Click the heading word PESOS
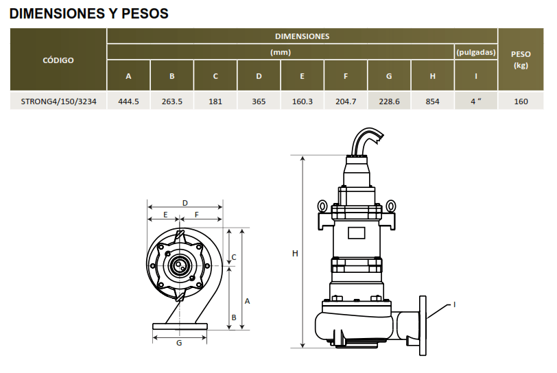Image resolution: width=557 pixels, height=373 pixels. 145,14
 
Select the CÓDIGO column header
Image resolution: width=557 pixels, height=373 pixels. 58,60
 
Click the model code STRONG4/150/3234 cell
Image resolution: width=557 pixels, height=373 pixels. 58,101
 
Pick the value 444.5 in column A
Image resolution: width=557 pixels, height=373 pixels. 128,101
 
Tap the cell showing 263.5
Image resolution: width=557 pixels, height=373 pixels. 172,101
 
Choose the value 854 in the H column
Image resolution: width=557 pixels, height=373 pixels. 432,101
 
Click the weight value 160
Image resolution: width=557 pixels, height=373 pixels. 521,101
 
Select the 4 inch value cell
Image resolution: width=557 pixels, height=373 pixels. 475,101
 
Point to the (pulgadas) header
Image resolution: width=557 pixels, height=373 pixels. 476,52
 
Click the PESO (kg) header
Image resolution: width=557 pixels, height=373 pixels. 521,60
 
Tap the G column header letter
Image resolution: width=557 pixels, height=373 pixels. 389,76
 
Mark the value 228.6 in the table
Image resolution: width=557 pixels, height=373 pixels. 389,101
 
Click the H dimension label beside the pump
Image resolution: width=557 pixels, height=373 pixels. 295,253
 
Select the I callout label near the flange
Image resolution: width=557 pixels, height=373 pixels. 454,304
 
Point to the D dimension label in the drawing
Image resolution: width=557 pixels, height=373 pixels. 185,203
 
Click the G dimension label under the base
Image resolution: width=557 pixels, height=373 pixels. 179,343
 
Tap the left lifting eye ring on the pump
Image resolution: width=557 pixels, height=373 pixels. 322,206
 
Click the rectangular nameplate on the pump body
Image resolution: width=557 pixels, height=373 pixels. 356,233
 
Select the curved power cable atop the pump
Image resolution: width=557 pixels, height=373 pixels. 366,141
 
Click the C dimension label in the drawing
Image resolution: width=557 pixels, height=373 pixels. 234,257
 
